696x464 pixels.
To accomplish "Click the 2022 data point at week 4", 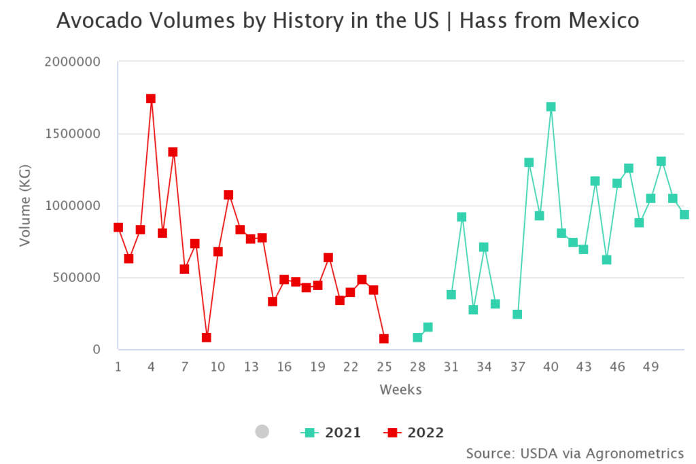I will click(151, 99).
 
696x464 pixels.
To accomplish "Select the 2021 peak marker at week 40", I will click(551, 107).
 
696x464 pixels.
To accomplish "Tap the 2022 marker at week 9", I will click(207, 338).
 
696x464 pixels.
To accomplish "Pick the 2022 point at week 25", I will click(384, 338).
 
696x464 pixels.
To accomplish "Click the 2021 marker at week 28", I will click(417, 338).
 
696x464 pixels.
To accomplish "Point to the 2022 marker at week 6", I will click(173, 152).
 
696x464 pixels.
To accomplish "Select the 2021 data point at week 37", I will click(517, 315).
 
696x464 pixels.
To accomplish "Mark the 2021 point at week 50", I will click(661, 162).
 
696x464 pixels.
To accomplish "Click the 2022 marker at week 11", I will click(228, 195).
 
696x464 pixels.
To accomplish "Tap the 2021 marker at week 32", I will click(462, 217).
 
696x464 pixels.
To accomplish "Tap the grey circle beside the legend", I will click(262, 431).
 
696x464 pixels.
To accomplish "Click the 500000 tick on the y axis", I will click(76, 278).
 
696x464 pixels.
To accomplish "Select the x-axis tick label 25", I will click(384, 367).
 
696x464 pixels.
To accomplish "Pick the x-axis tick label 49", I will click(650, 367).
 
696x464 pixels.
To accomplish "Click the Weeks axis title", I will click(400, 390).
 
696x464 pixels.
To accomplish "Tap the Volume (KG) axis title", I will click(25, 206).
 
